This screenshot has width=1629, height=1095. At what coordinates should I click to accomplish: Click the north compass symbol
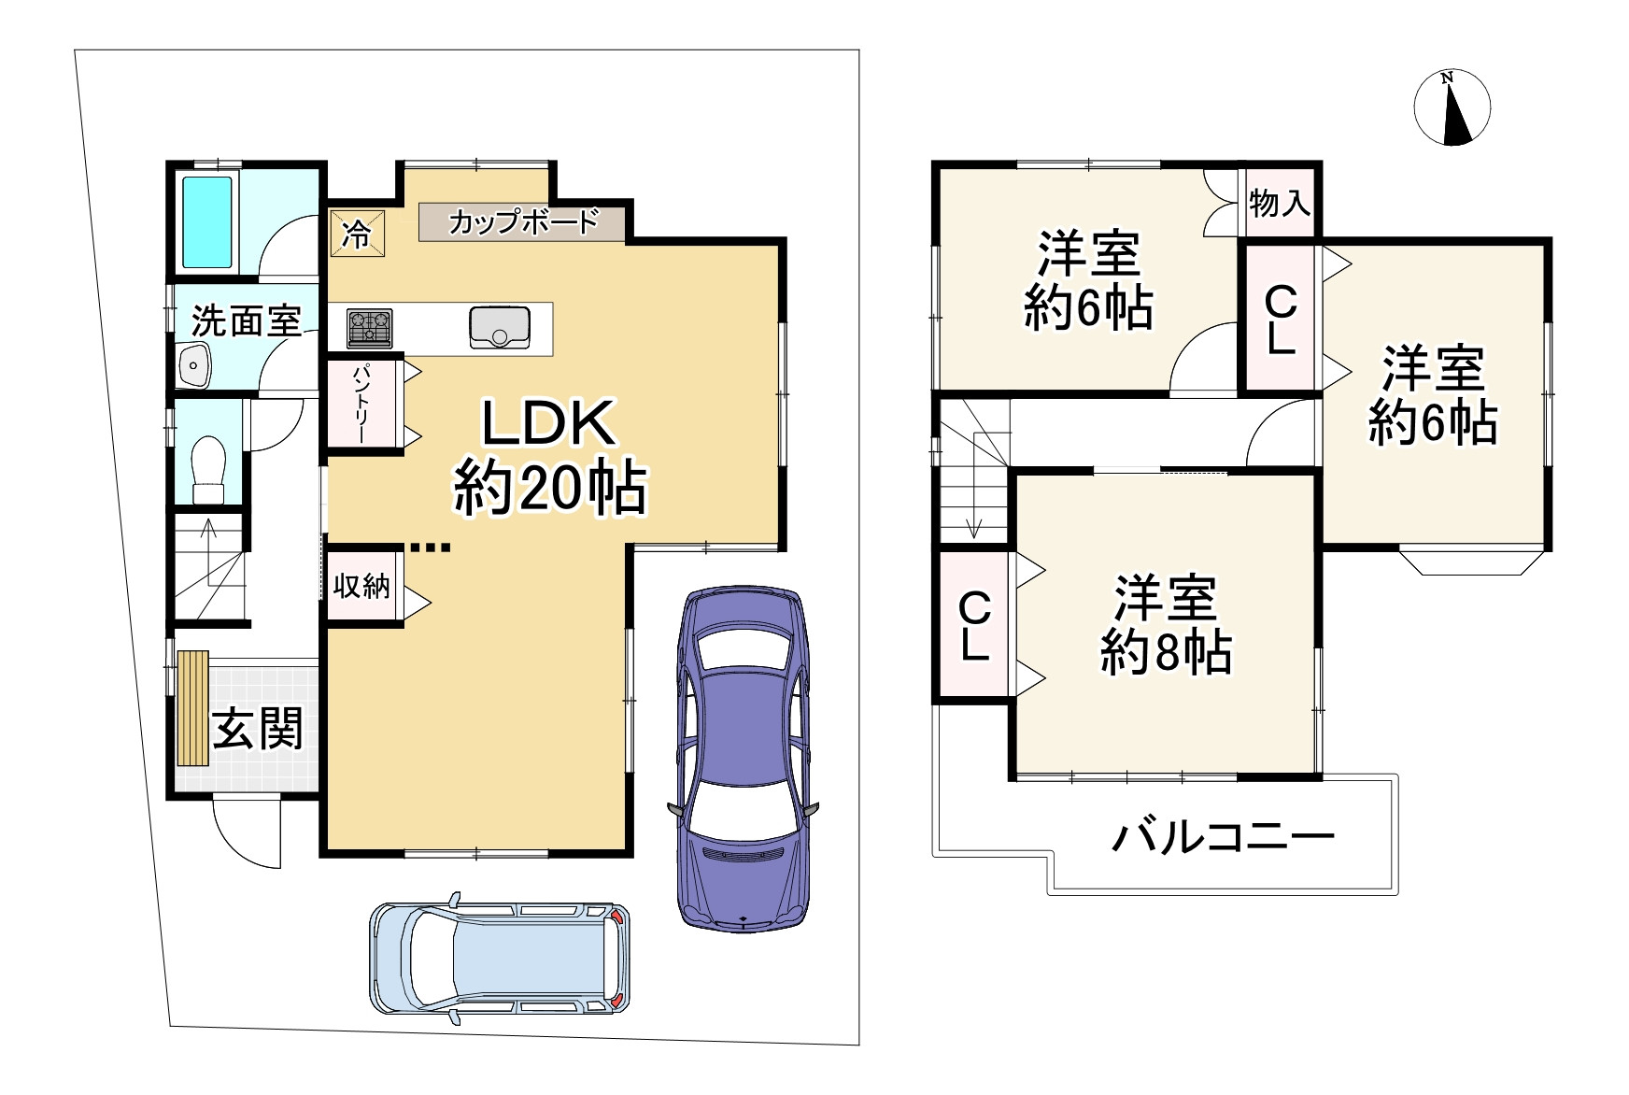point(1452,108)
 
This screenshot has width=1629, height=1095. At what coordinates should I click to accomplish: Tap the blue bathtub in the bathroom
point(207,221)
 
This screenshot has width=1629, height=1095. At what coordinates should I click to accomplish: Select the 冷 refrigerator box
point(356,234)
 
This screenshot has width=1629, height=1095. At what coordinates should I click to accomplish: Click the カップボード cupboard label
point(521,222)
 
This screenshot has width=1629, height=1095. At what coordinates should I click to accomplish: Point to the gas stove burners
point(370,328)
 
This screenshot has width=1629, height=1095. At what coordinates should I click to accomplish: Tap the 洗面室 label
point(246,321)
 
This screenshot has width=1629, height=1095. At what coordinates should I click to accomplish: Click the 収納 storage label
point(361,586)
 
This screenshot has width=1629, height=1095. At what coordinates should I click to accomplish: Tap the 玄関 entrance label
point(257,729)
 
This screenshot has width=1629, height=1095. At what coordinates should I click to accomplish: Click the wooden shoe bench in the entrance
point(192,708)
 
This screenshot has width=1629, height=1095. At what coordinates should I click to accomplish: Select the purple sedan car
point(743,757)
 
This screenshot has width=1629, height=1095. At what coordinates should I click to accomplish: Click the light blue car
point(500,958)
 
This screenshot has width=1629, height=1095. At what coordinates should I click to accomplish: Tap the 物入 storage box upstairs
point(1279,202)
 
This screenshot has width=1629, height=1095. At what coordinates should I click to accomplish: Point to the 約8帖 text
point(1165,651)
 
